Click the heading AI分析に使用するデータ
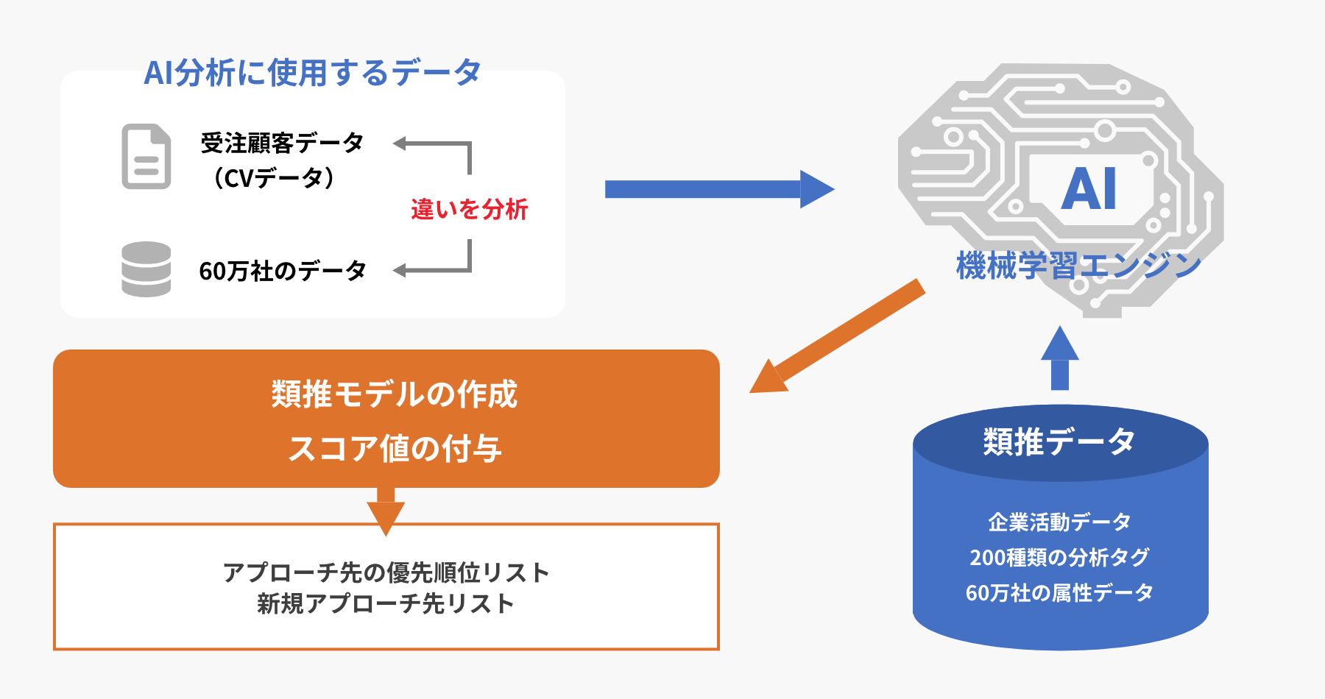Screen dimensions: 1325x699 point(312,73)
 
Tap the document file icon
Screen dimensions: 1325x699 point(146,156)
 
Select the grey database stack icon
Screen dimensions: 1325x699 point(146,269)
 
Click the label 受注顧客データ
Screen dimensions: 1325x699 point(282,143)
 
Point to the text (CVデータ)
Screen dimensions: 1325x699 point(273,177)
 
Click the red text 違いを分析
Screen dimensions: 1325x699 point(470,210)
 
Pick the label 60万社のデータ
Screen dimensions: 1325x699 point(283,271)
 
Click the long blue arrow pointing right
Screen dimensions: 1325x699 point(720,189)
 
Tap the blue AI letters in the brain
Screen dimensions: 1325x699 point(1089,188)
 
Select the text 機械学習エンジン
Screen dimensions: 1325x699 point(1078,266)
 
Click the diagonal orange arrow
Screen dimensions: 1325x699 point(837,336)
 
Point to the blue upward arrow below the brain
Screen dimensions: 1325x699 point(1060,358)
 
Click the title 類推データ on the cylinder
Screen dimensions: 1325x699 point(1059,441)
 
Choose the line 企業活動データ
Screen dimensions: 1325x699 point(1059,522)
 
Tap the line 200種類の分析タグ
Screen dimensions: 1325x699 point(1059,557)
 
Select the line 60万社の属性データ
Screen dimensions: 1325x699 point(1059,592)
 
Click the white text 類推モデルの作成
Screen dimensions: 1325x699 point(395,394)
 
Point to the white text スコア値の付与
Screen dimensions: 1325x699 point(395,448)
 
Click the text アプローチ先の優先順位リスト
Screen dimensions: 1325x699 point(386,572)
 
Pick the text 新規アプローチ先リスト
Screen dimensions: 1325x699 point(386,603)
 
